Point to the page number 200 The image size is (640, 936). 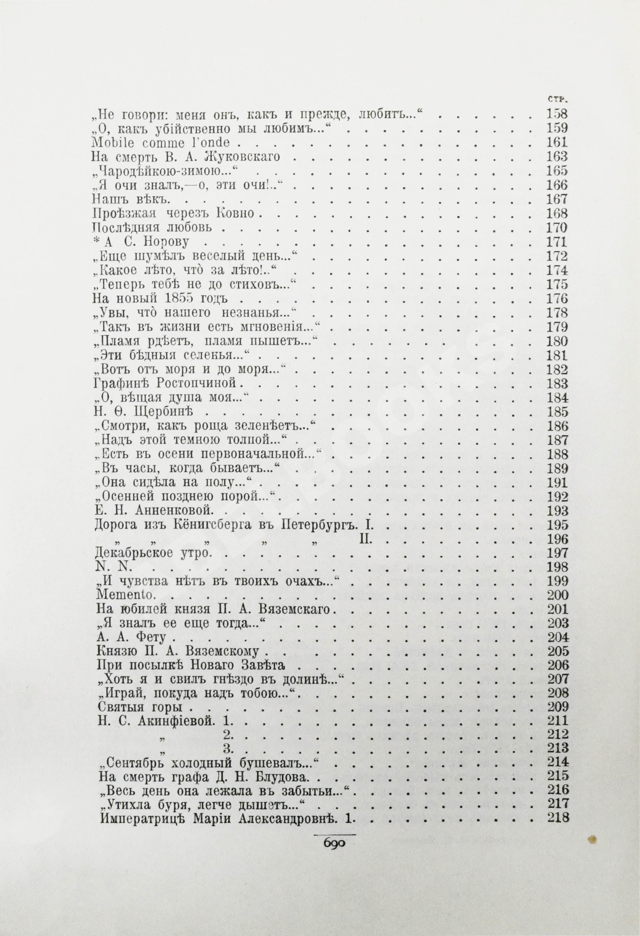point(558,595)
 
